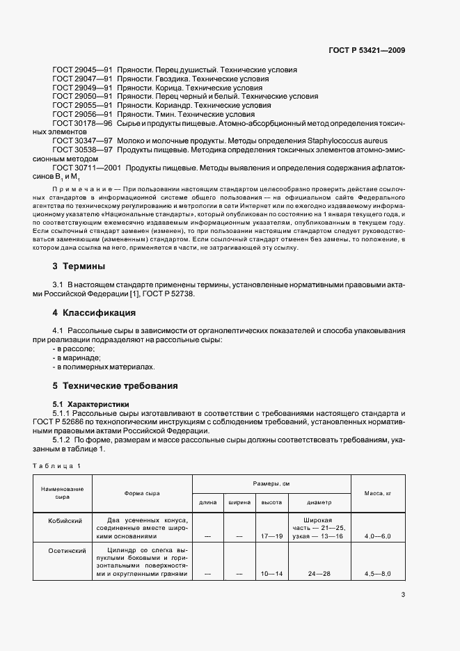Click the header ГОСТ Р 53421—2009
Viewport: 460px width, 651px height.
[x=367, y=50]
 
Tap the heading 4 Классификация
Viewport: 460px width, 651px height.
[x=94, y=313]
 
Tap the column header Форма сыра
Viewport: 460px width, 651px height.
[x=142, y=493]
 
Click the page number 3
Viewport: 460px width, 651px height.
[x=403, y=595]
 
